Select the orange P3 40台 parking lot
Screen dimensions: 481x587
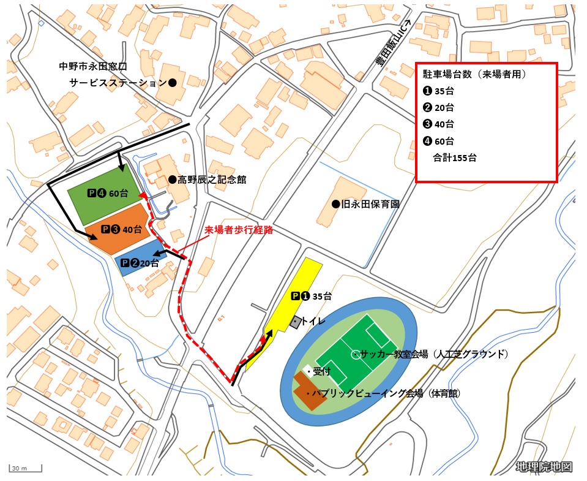(x=119, y=231)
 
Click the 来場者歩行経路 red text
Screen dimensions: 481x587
(x=238, y=231)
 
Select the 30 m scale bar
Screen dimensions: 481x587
(x=24, y=469)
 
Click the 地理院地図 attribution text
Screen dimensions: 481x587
(x=544, y=467)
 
